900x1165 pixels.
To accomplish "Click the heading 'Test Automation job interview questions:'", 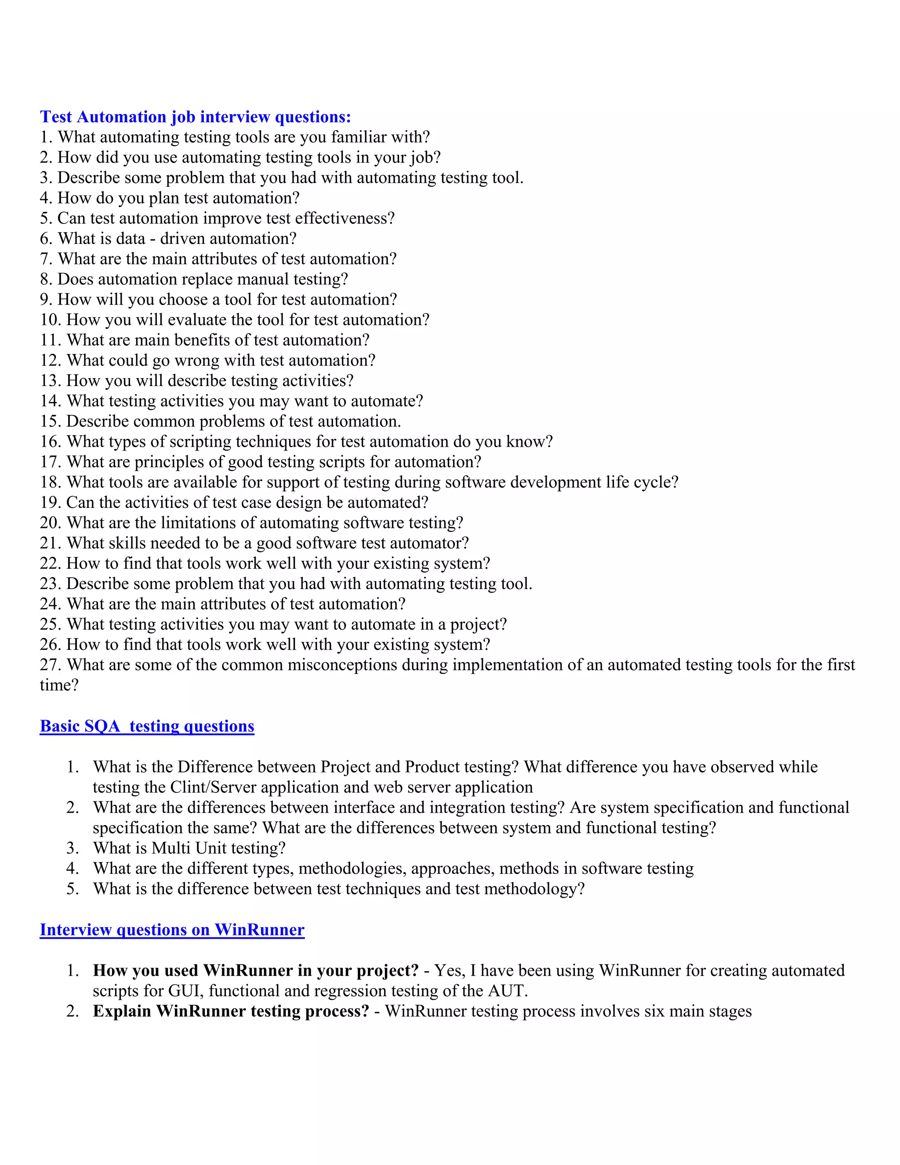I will [x=195, y=117].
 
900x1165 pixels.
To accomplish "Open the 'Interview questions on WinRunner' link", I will [x=172, y=930].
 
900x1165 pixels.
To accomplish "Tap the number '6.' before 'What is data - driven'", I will [x=46, y=238].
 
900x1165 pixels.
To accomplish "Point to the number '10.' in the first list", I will [x=51, y=320].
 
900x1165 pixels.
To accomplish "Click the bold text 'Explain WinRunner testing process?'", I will [x=230, y=1012].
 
